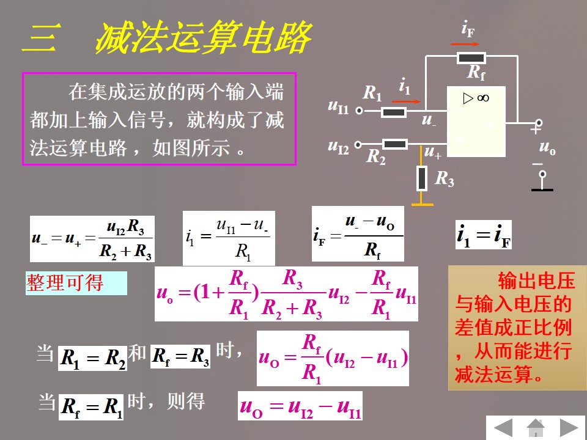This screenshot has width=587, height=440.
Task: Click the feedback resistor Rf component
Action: pos(471,58)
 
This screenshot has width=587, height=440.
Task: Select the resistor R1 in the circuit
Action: pos(394,112)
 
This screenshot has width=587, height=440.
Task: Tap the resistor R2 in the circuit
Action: pos(396,144)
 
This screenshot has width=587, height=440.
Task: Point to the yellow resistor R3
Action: pos(422,178)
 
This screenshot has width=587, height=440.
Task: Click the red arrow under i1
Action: pos(410,101)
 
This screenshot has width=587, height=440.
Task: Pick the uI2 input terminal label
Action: pos(338,147)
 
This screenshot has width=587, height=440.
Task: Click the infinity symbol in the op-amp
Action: pos(482,98)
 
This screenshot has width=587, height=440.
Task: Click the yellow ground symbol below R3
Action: pos(422,204)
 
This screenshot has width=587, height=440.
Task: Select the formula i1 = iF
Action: pos(484,235)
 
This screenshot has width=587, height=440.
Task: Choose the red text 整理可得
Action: pos(65,283)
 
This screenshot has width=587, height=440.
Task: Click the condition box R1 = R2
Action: pos(92,358)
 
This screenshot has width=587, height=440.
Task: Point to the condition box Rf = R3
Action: pos(180,356)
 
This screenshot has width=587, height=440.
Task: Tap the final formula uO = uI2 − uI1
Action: pos(300,406)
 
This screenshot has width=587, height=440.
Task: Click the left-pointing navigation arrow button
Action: pos(503,427)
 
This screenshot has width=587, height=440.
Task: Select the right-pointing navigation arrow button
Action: pos(569,427)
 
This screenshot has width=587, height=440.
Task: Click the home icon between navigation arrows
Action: pos(536,427)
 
